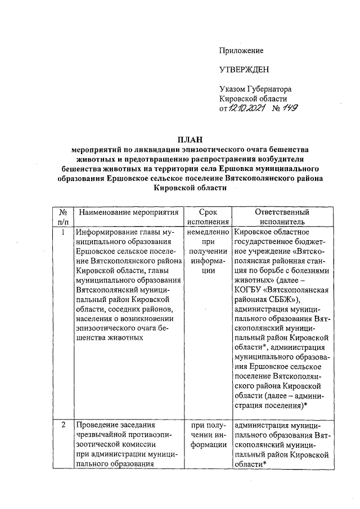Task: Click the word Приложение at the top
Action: click(x=241, y=51)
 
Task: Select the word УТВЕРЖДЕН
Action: click(x=244, y=69)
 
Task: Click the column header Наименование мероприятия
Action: click(x=128, y=213)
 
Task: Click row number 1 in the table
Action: click(x=64, y=232)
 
